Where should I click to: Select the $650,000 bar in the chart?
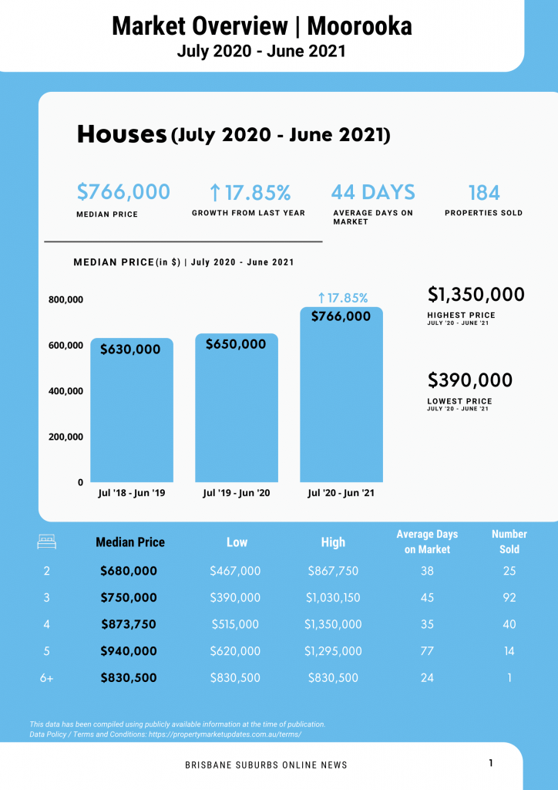click(237, 409)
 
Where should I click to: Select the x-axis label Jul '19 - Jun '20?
click(237, 493)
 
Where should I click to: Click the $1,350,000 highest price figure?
click(476, 295)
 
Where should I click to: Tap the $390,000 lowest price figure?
click(470, 380)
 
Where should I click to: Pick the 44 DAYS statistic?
click(373, 192)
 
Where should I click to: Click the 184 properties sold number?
click(484, 192)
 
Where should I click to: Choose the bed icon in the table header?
click(47, 542)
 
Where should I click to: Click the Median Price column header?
click(130, 542)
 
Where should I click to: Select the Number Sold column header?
click(509, 542)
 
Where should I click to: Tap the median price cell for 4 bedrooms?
click(129, 624)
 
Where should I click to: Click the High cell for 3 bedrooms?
click(333, 598)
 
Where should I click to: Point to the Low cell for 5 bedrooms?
click(235, 651)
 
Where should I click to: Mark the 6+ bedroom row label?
click(47, 678)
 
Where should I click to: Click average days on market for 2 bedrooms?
click(427, 572)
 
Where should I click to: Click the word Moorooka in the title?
click(359, 26)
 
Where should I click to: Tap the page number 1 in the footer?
click(491, 763)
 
